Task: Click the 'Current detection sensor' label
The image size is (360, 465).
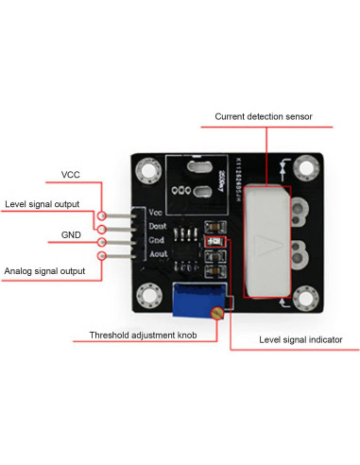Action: coord(263,116)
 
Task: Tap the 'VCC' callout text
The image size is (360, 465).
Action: coord(71,174)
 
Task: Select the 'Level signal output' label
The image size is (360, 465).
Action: coord(41,203)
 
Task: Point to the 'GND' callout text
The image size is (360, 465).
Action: coord(71,232)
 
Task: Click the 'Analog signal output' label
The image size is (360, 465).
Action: coord(44,271)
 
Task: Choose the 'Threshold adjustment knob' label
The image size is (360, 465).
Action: coord(143,335)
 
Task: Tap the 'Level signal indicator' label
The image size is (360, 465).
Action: coord(300,338)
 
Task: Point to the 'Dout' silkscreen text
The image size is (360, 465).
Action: coord(158,226)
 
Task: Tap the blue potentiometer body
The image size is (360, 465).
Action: coord(197,300)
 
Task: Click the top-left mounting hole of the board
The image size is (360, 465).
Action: coord(147,172)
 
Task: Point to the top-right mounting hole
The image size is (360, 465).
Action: coord(304,167)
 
